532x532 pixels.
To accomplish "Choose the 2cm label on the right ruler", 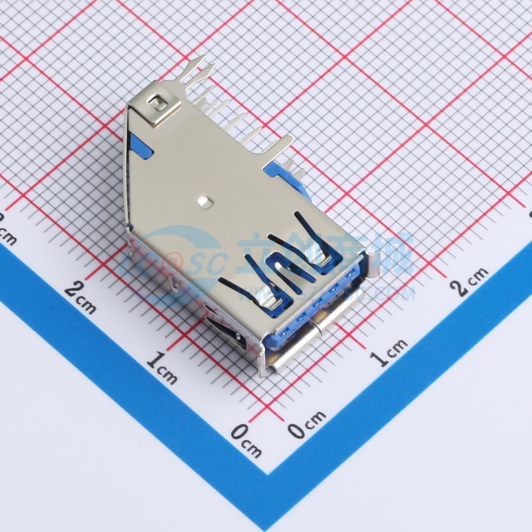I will coord(469,281).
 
